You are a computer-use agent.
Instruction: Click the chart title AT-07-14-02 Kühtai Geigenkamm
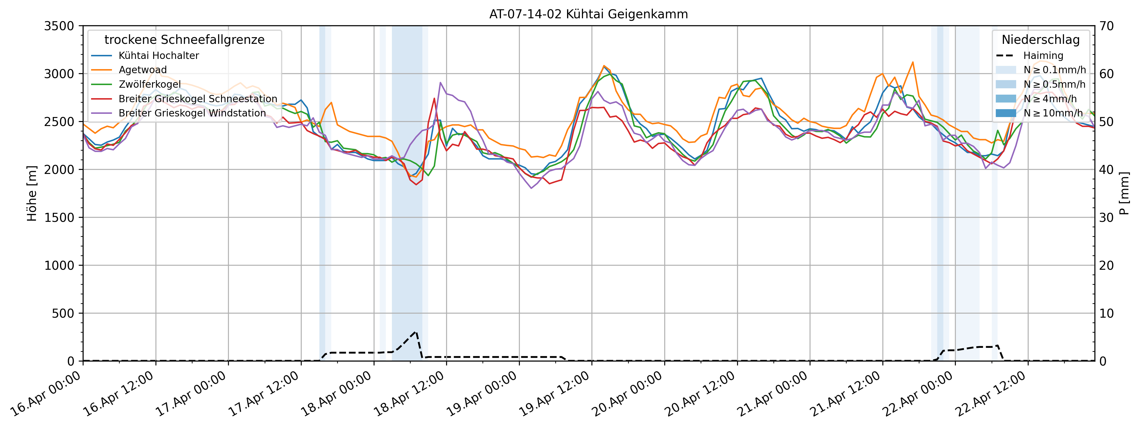tap(588, 14)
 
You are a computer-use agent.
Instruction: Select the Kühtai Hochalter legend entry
tap(158, 56)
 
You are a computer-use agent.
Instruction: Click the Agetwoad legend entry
tap(142, 70)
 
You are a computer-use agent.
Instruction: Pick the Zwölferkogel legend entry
tap(150, 84)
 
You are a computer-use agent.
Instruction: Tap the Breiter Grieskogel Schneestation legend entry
tap(197, 99)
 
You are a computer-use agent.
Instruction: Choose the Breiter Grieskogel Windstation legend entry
tap(192, 113)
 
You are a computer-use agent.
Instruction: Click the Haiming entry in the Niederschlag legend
tap(1043, 56)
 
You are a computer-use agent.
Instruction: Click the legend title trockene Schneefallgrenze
tap(184, 40)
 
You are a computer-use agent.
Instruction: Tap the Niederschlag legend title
tap(1041, 40)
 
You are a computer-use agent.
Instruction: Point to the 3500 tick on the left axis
tap(59, 26)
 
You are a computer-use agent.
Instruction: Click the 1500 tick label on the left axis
tap(59, 217)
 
